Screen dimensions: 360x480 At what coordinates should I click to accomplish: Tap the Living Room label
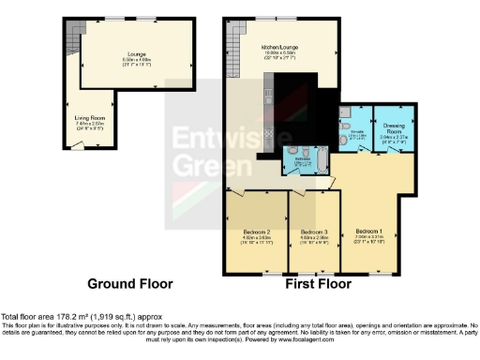[89, 117]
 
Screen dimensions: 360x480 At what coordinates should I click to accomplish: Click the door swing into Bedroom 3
[302, 193]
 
